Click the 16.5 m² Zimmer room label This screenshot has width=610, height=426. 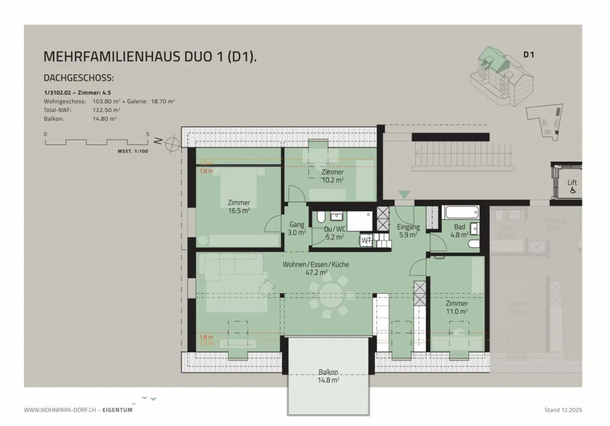point(239,206)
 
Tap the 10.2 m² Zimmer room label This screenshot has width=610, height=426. point(333,176)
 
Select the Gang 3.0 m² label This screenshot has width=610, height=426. point(297,228)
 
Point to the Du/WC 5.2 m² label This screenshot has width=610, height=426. point(335,233)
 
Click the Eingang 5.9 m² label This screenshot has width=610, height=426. point(408,230)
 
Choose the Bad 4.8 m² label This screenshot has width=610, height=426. point(459,230)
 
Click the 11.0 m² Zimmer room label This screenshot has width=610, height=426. point(457,307)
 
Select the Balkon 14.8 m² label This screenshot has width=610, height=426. point(328,376)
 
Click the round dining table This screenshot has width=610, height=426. point(329,295)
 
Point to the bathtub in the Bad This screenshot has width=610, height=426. point(461,212)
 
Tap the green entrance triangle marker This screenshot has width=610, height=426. point(405,194)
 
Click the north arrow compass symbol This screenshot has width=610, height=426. point(172,144)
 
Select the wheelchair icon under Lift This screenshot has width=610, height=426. point(573,190)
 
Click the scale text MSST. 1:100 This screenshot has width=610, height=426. point(133,151)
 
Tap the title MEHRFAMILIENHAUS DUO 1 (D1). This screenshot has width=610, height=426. point(150,57)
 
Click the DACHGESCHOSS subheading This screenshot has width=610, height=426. point(79,78)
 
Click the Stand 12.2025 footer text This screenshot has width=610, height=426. point(563,410)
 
